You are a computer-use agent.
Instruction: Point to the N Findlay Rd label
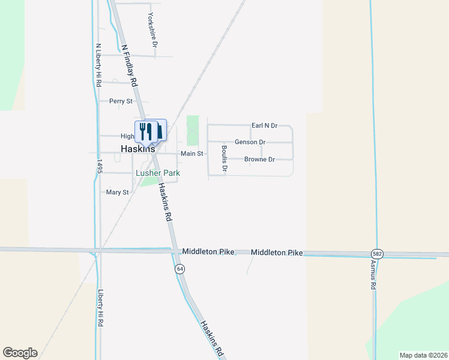[x=129, y=64]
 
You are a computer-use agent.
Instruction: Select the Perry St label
[x=121, y=101]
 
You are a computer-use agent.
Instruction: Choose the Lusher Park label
[x=158, y=173]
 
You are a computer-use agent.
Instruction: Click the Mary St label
[x=117, y=193]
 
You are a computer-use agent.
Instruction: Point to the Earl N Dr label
[x=264, y=125]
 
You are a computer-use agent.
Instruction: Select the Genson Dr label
[x=250, y=142]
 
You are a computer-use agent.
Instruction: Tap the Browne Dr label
[x=259, y=160]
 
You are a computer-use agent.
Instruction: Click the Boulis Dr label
[x=224, y=159]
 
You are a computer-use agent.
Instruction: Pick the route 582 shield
[x=376, y=254]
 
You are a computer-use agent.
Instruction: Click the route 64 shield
[x=179, y=269]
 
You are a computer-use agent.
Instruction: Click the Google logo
[x=20, y=353]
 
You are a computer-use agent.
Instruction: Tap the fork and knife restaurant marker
[x=146, y=131]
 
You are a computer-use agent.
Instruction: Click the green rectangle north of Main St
[x=192, y=130]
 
